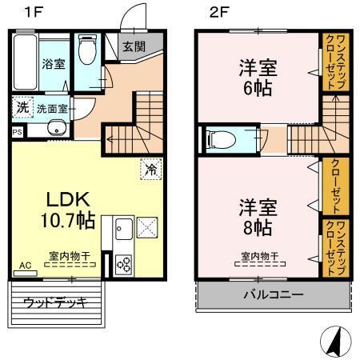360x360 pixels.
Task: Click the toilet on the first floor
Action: click(87, 53)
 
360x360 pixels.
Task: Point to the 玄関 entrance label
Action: click(134, 46)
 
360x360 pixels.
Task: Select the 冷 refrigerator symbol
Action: click(149, 169)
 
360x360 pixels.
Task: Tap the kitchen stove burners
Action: click(124, 264)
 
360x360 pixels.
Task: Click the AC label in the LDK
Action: click(24, 264)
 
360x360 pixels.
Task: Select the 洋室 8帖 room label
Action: click(257, 216)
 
